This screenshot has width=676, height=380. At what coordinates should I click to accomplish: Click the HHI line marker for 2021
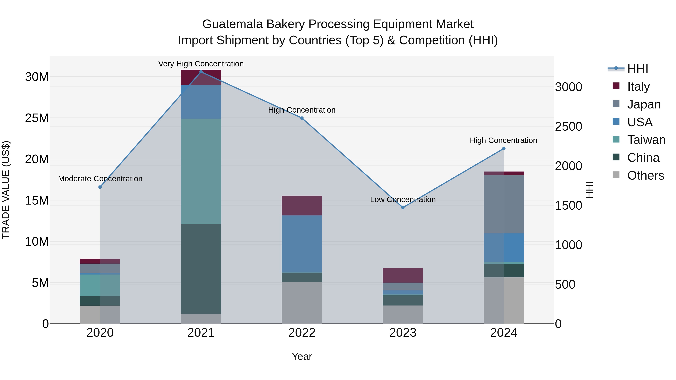pos(201,72)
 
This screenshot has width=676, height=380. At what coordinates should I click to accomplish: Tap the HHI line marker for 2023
pos(403,207)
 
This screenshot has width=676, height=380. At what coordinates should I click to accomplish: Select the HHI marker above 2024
pos(504,148)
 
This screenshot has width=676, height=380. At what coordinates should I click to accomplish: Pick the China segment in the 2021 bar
pos(201,269)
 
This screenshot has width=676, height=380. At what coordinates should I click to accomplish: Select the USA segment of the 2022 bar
pos(302,244)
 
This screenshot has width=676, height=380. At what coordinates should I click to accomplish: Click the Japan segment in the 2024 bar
pos(504,204)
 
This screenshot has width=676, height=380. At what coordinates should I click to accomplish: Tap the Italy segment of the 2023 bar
pos(403,275)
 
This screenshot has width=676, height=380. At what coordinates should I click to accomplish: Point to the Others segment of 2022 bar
pos(302,303)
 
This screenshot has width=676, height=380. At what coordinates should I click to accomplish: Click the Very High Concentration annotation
pos(201,64)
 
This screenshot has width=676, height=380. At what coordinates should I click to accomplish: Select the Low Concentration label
pos(403,199)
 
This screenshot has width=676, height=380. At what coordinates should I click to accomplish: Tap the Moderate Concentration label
pos(100,179)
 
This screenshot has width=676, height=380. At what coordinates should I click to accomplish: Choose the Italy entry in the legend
pos(638,87)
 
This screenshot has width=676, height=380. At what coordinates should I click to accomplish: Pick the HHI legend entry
pos(638,69)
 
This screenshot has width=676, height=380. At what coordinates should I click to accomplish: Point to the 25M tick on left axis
pos(37,118)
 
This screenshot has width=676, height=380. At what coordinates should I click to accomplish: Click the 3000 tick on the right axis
pos(568,87)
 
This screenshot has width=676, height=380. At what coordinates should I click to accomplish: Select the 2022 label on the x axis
pos(302,333)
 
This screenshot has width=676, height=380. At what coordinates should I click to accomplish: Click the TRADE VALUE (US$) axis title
pos(6,190)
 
